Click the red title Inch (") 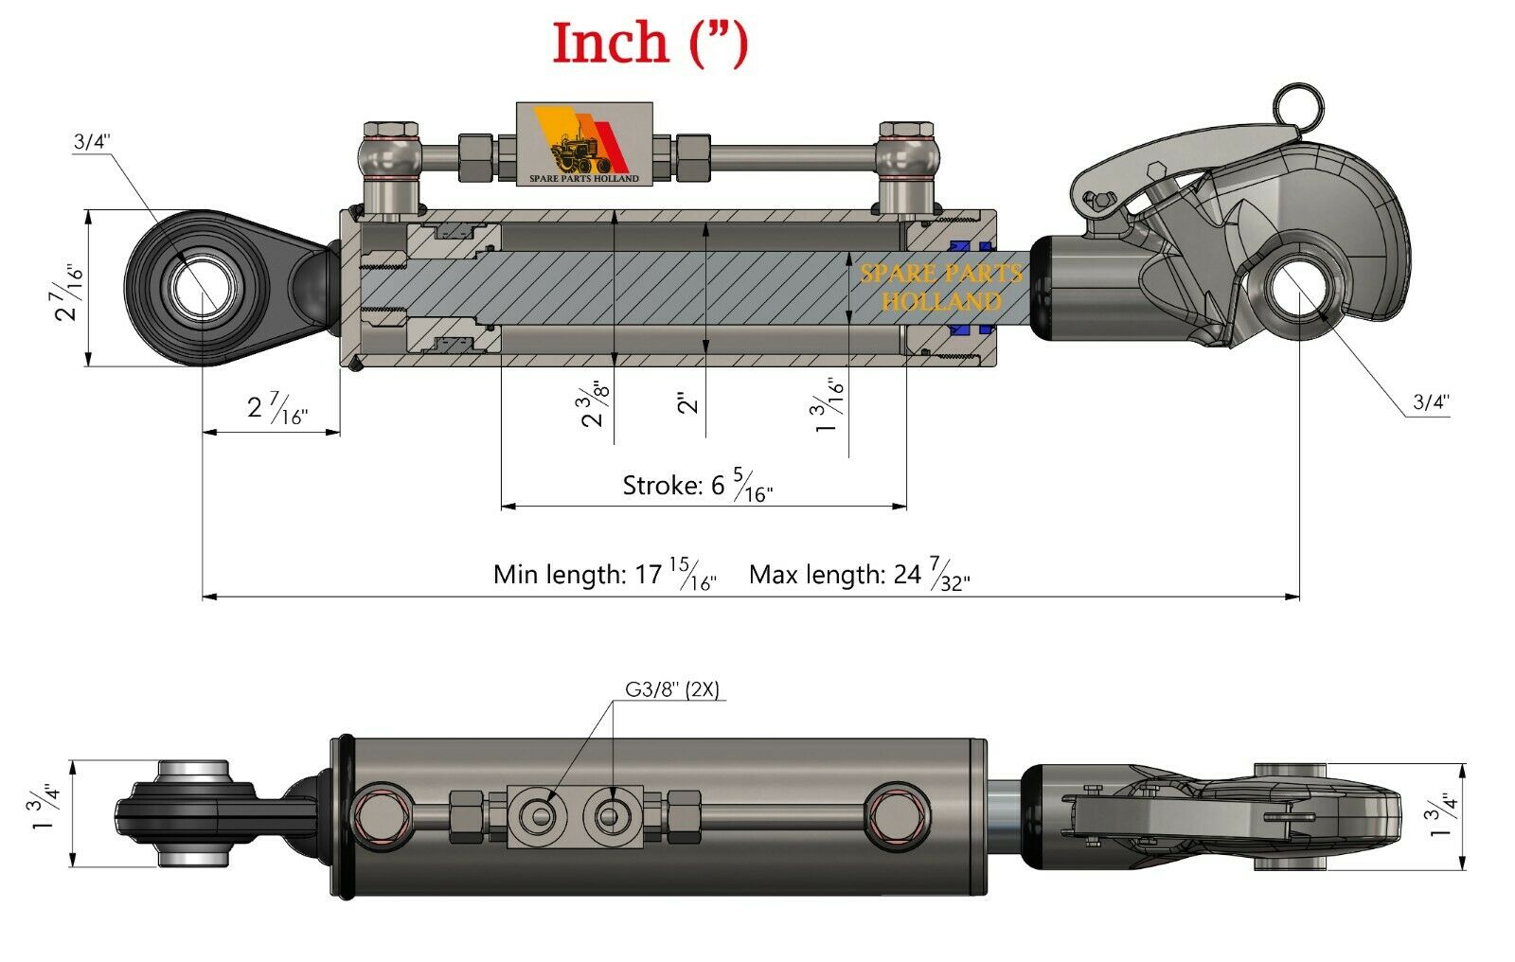(650, 45)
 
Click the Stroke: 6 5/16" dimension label (697, 487)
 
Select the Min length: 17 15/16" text (604, 575)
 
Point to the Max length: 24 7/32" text (859, 575)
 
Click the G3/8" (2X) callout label (671, 690)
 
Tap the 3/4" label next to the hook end (1431, 401)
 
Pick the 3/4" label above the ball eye (92, 142)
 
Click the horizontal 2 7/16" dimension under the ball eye (276, 408)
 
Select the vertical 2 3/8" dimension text (594, 404)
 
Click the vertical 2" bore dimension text (688, 402)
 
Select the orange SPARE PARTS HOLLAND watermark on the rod (940, 287)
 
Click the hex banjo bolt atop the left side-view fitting (386, 130)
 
